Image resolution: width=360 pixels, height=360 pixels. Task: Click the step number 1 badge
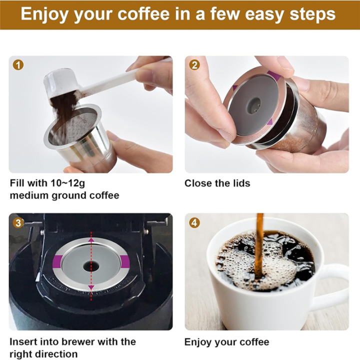(x=18, y=64)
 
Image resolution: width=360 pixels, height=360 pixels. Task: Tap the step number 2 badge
(x=194, y=64)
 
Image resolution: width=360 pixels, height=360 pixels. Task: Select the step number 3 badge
(x=18, y=222)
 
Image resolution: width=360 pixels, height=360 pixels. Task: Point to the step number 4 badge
(x=194, y=222)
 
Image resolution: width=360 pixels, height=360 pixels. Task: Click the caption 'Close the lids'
(x=217, y=183)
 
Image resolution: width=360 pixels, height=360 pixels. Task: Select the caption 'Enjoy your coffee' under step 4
(x=226, y=342)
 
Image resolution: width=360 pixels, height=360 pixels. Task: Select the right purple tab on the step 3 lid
(x=124, y=261)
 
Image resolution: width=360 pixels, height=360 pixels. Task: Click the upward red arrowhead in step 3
(x=91, y=240)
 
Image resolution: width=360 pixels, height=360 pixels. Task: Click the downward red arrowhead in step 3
(x=91, y=286)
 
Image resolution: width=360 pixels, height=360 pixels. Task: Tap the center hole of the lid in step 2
(x=255, y=104)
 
